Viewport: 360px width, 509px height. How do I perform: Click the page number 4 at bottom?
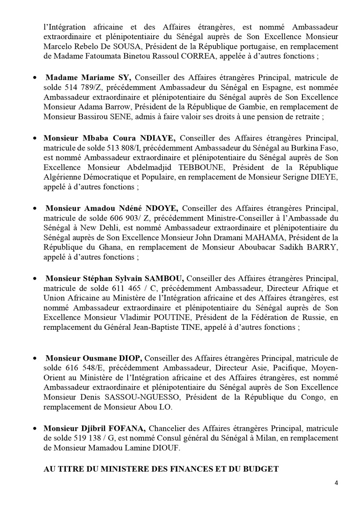click(x=336, y=483)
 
